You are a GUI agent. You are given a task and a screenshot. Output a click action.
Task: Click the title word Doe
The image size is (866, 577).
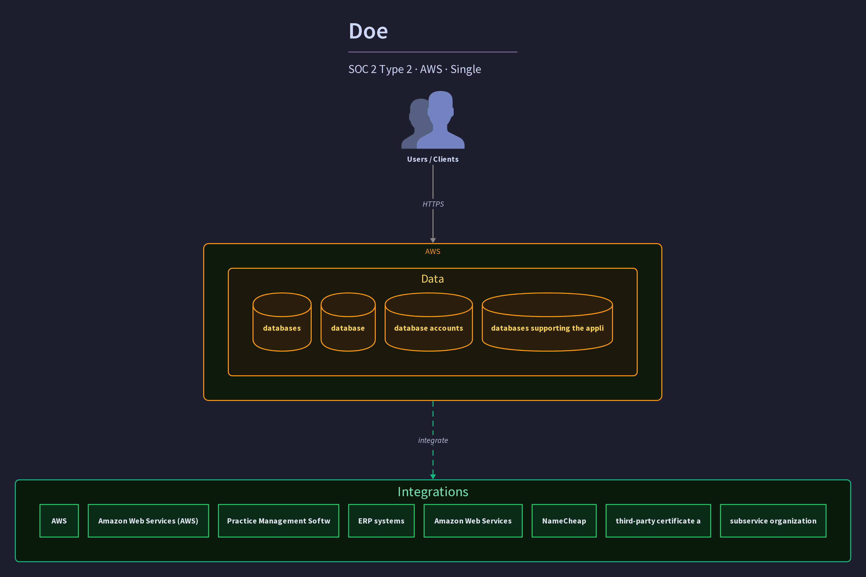368,31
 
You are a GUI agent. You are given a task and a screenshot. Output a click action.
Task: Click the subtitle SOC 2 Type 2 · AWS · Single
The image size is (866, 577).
415,69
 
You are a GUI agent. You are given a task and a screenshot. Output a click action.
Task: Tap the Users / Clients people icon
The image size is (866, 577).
433,120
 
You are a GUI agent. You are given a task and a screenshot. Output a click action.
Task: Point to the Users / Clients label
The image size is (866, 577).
433,159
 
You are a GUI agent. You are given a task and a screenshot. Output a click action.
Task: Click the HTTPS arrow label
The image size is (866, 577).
433,204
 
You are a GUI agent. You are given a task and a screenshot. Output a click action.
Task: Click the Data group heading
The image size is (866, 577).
433,279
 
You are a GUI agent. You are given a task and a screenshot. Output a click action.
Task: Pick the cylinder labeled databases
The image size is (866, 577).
282,322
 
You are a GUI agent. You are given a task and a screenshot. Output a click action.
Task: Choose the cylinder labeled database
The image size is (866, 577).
348,322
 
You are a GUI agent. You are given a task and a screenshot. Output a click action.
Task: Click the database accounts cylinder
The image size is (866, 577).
429,322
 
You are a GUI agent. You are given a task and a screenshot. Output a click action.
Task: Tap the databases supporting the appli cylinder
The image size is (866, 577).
547,322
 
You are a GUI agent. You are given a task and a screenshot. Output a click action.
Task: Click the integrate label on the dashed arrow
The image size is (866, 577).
433,440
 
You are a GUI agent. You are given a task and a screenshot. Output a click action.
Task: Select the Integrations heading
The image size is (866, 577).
433,492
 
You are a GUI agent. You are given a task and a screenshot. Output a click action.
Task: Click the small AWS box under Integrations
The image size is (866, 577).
59,521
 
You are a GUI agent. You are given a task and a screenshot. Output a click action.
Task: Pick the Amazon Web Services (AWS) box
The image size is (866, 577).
148,521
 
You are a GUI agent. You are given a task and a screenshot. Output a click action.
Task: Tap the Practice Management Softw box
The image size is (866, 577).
278,521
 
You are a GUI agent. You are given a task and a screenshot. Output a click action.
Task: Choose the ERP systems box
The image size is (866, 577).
381,521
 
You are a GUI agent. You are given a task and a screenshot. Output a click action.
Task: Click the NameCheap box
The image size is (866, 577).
564,521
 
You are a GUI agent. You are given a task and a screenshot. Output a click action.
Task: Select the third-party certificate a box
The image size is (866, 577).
658,521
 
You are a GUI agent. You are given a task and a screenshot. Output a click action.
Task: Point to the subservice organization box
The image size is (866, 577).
773,521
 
